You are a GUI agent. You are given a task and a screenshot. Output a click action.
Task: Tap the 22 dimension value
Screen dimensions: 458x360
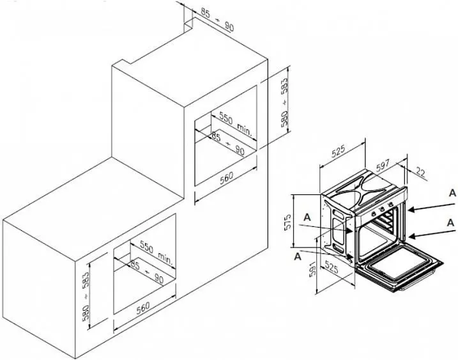420,172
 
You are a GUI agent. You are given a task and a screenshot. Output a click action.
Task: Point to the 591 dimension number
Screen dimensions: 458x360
312,269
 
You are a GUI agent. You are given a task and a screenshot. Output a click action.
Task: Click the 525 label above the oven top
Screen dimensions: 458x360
339,150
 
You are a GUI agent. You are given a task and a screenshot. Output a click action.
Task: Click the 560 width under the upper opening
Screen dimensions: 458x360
226,177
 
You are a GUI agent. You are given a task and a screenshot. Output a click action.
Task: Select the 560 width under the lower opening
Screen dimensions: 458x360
143,307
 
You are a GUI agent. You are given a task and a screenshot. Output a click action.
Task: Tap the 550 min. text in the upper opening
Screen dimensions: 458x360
236,123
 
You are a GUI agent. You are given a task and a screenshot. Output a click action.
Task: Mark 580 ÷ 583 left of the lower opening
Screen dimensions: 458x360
87,296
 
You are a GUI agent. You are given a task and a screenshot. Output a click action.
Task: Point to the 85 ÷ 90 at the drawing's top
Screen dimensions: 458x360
218,19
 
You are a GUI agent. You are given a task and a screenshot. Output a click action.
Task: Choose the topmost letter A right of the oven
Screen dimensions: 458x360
452,193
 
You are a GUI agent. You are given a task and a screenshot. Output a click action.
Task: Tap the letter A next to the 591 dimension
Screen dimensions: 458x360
298,256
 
